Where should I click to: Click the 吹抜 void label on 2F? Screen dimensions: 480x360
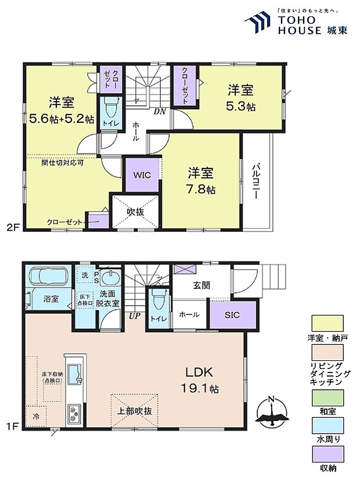tap(135, 212)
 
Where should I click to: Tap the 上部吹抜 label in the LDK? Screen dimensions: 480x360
tap(135, 411)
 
